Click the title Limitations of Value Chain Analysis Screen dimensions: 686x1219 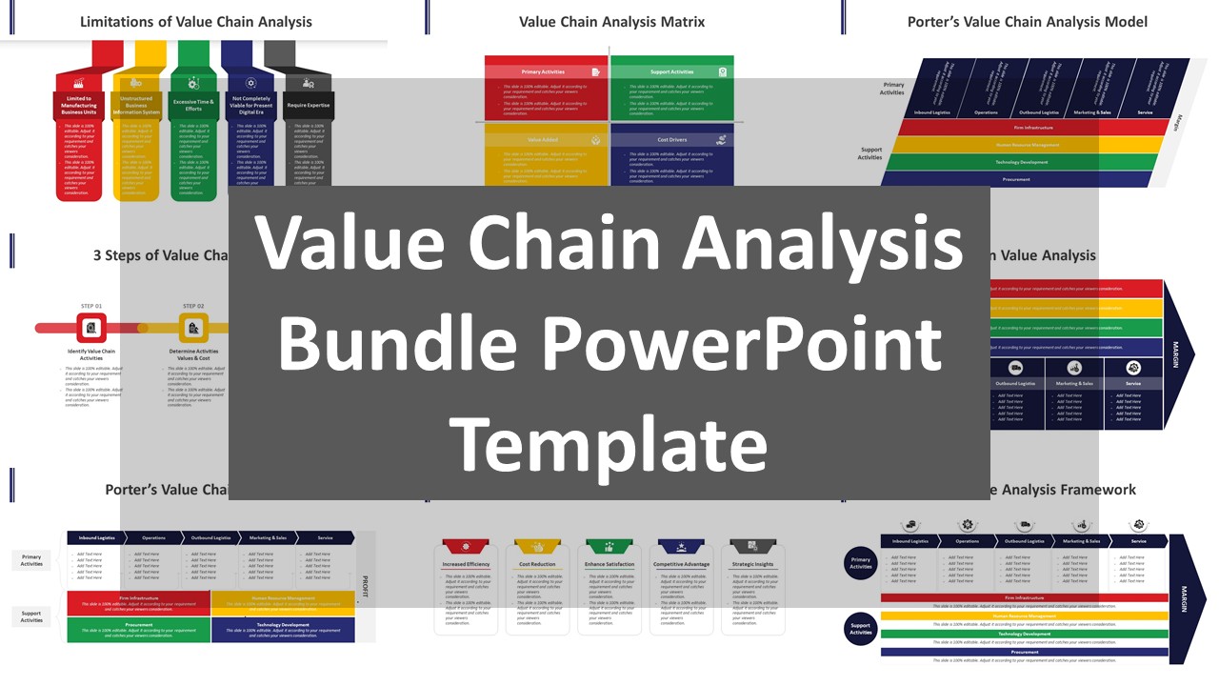pos(195,21)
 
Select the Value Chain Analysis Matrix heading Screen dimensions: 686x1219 pos(611,21)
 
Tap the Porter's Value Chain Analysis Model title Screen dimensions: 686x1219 pos(1027,21)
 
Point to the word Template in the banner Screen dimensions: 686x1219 pos(609,444)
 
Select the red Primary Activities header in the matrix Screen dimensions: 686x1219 pos(546,71)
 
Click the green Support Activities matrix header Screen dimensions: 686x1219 pos(672,71)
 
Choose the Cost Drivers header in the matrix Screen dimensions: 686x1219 pos(672,139)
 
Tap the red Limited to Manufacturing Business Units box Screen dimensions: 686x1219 pos(79,105)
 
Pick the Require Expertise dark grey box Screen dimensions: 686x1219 pos(309,106)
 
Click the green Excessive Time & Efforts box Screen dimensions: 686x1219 pos(193,105)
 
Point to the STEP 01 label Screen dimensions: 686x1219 pos(91,306)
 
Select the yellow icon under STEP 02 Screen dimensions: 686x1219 pos(193,328)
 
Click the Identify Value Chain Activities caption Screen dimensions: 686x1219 pos(91,354)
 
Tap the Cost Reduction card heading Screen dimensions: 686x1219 pos(537,564)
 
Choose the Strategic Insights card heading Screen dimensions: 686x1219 pos(752,564)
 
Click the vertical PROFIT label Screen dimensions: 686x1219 pos(365,586)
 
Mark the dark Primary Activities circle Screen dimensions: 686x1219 pos(861,563)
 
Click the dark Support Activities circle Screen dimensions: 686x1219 pos(861,629)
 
